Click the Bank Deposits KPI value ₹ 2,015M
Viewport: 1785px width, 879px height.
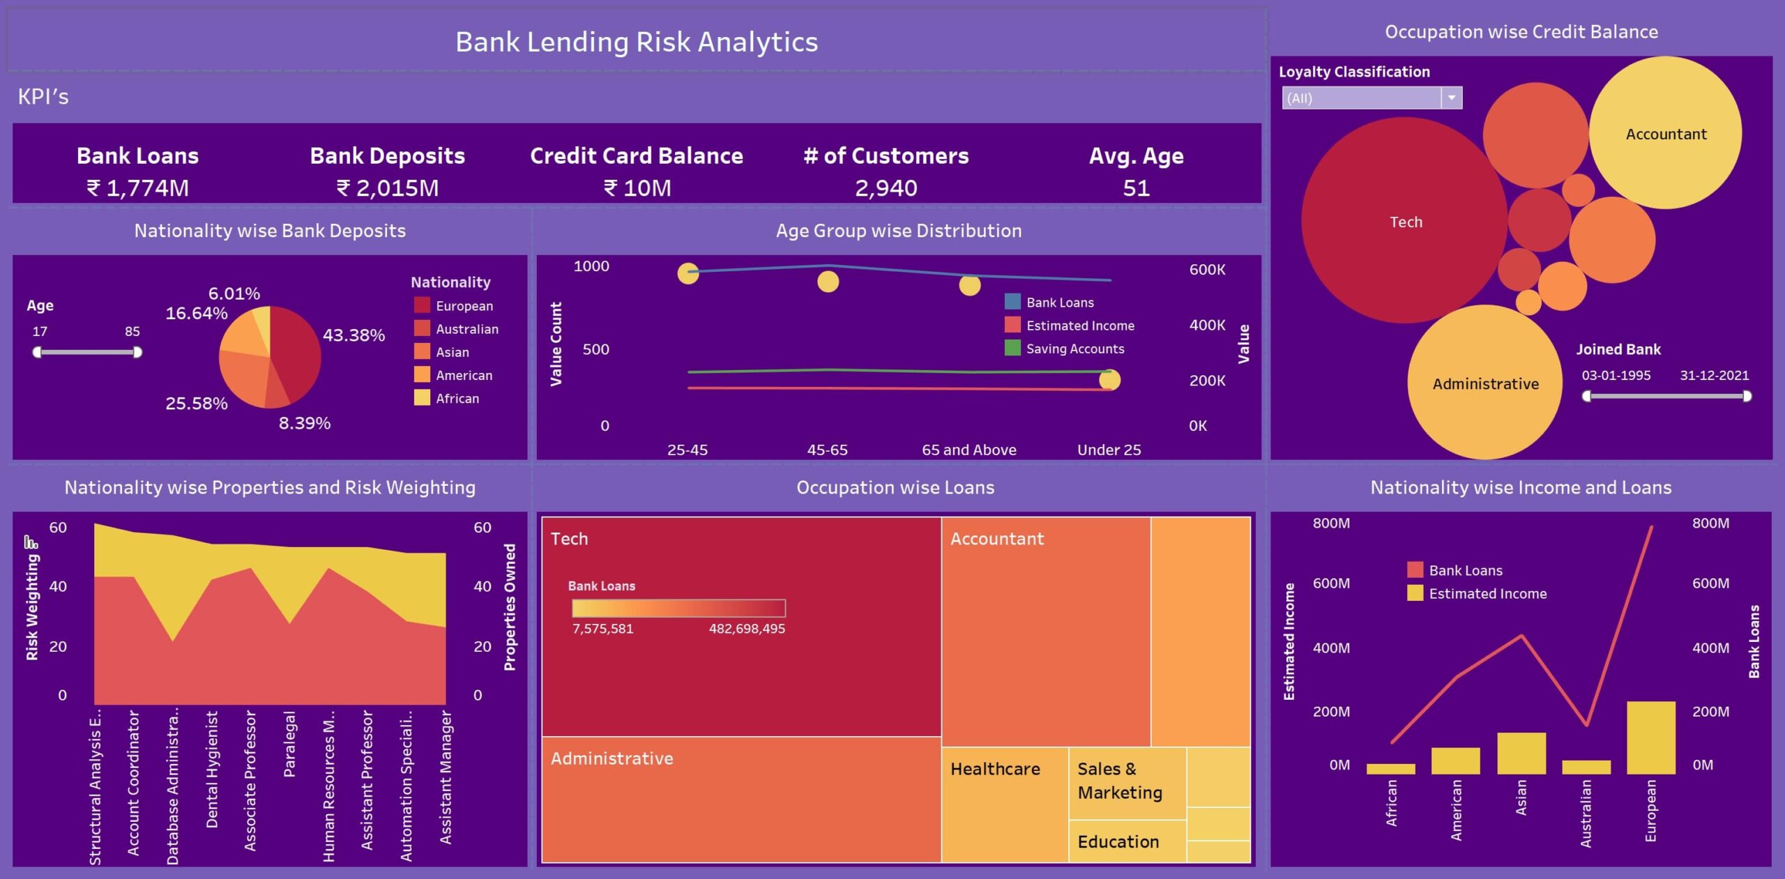pos(388,188)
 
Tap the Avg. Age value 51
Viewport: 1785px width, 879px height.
pos(1136,188)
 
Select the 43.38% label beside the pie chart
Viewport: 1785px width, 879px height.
pos(354,335)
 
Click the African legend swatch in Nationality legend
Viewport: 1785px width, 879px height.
pos(422,398)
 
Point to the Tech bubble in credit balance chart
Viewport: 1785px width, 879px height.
pos(1404,222)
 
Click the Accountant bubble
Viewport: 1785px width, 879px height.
pos(1665,134)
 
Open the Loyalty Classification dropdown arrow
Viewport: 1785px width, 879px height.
pos(1452,98)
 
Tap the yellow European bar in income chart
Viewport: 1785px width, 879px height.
pos(1650,737)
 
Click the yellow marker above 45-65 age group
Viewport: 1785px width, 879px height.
pos(828,282)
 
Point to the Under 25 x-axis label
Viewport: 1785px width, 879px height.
pos(1109,450)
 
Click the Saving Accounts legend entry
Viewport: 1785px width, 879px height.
pos(1074,349)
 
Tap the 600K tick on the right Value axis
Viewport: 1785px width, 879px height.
pos(1207,270)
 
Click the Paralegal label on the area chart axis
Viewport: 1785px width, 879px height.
pos(289,744)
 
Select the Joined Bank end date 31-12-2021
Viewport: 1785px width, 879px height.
pos(1714,376)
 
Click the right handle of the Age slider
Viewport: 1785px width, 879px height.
pos(137,353)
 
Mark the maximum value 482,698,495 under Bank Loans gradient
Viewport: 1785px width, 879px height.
pos(747,629)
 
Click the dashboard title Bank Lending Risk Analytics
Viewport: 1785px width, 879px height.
pos(636,42)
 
